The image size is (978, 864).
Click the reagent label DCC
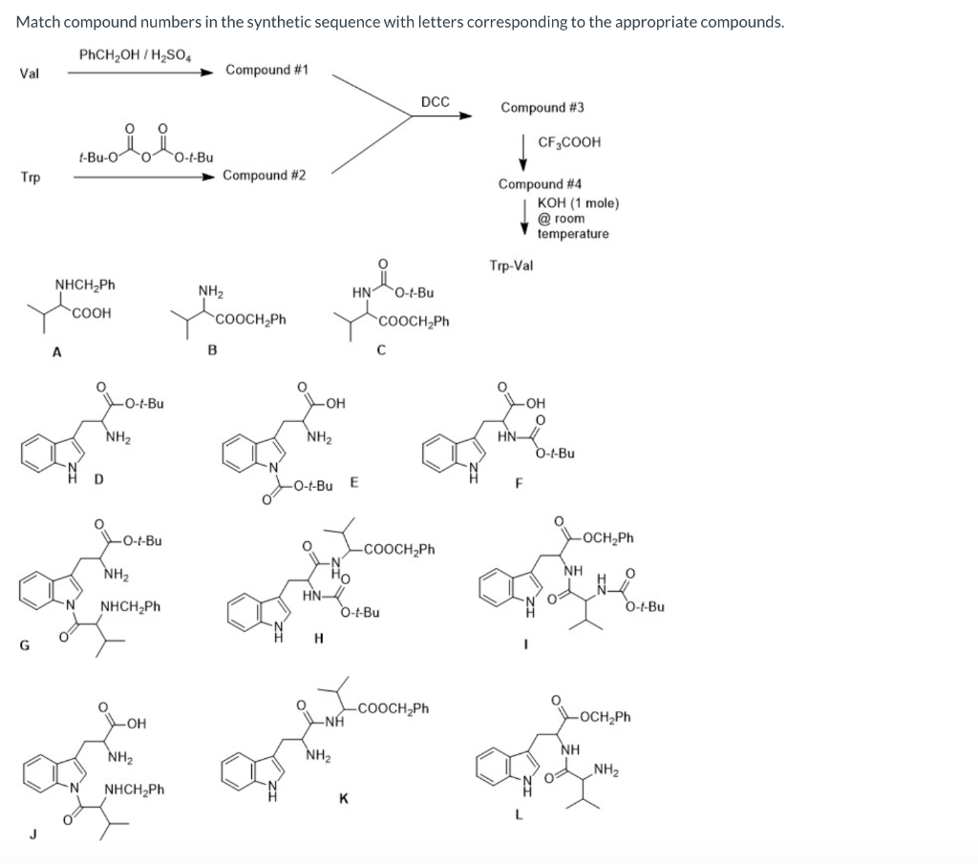[x=436, y=101]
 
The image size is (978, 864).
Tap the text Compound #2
[x=264, y=175]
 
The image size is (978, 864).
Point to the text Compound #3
[x=542, y=108]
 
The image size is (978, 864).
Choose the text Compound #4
[x=540, y=183]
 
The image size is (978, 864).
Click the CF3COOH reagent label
[x=569, y=142]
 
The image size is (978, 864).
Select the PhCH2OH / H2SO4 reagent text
[x=135, y=53]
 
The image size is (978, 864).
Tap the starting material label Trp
[x=30, y=178]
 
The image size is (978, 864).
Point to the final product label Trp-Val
[x=511, y=265]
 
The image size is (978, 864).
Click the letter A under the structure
[x=56, y=351]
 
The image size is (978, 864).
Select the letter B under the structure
[x=212, y=350]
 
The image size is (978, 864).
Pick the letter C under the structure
[x=380, y=350]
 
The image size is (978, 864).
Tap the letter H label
[x=318, y=638]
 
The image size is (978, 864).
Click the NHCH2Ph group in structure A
[x=85, y=284]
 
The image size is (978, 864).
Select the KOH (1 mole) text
[x=578, y=203]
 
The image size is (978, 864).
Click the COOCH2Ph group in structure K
[x=393, y=709]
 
